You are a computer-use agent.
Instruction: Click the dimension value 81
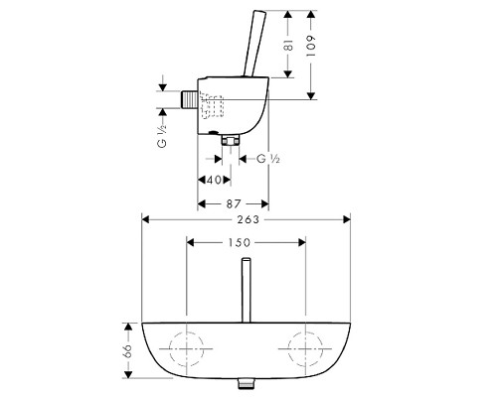click(287, 45)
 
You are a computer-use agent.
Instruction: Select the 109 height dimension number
click(312, 52)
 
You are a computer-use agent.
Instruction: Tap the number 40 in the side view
click(210, 179)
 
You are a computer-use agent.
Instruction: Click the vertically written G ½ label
click(161, 126)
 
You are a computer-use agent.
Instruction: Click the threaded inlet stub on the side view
click(189, 101)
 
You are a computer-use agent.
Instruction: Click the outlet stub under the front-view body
click(245, 382)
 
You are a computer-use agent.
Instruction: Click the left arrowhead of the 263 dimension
click(146, 220)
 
